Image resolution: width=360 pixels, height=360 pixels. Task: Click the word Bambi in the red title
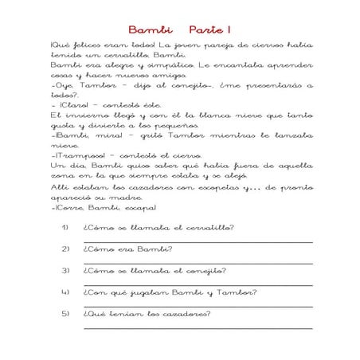point(146,29)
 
